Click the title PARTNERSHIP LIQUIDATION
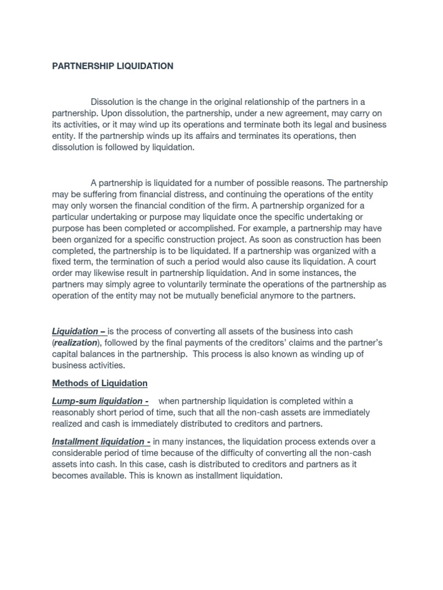pos(112,66)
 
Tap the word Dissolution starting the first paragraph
pos(112,102)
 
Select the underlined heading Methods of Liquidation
pos(100,383)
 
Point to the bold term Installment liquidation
pos(99,442)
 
